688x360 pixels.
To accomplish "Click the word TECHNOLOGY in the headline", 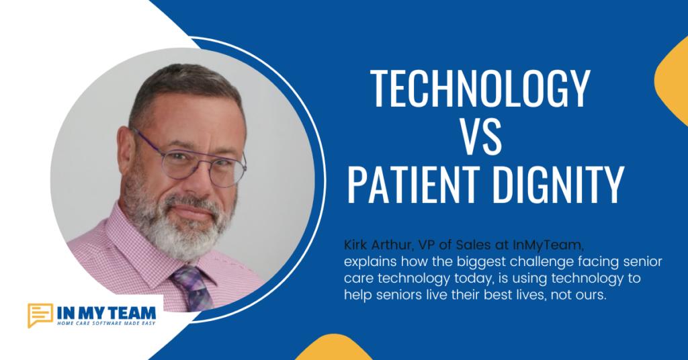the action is (480, 89).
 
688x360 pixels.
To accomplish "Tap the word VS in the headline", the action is (480, 136).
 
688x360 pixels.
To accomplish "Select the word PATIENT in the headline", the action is (412, 185).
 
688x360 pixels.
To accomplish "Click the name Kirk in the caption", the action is (357, 244).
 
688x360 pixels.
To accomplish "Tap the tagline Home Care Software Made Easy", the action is (106, 323).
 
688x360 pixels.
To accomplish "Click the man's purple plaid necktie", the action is (193, 287).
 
